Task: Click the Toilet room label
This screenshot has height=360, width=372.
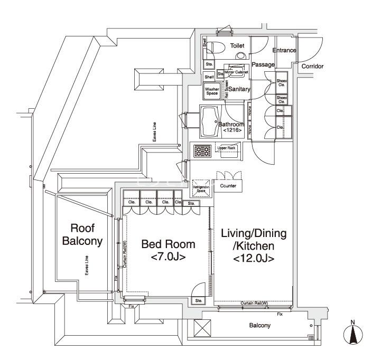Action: (237, 46)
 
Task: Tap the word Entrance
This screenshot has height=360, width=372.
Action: (284, 50)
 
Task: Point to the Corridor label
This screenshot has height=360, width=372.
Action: (312, 67)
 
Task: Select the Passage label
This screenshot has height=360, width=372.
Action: (263, 64)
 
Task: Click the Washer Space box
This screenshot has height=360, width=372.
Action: (212, 91)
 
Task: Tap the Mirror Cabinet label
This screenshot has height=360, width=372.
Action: (236, 72)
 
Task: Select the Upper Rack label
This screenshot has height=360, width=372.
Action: (227, 148)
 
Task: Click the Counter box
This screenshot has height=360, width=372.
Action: (228, 186)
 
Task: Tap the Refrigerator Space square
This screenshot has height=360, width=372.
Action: (202, 186)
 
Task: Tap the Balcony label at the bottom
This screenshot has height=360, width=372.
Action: (260, 326)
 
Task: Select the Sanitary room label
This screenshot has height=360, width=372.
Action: (238, 89)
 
